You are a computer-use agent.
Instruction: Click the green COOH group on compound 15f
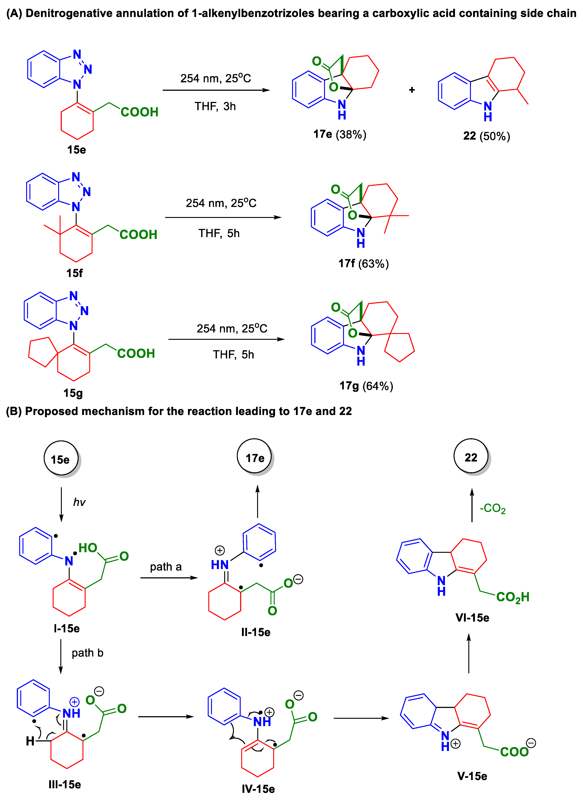coord(138,234)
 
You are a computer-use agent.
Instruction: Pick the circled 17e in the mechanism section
coord(255,458)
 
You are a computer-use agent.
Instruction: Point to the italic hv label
coord(79,502)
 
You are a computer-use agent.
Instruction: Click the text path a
coord(166,567)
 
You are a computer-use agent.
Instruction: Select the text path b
coord(87,653)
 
